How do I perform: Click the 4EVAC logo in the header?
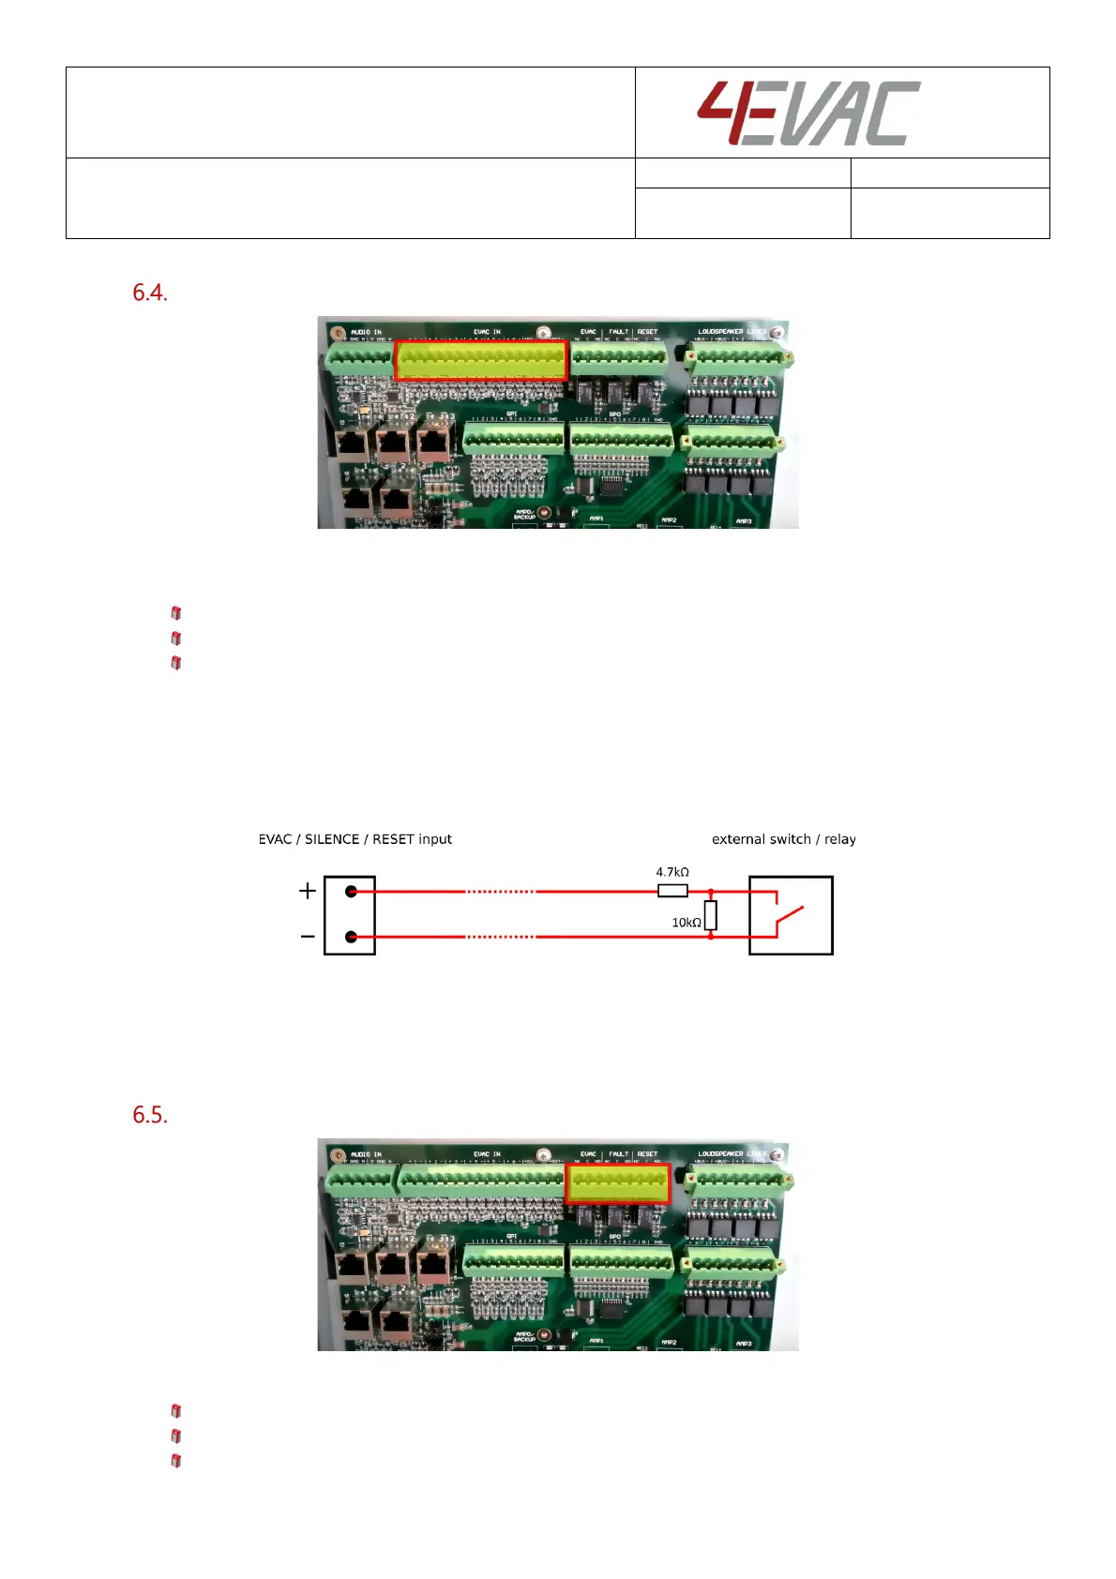tap(807, 113)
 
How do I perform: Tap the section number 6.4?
tap(150, 293)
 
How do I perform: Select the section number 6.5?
tap(150, 1115)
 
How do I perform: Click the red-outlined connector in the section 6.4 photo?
tap(481, 361)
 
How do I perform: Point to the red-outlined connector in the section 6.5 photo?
tap(618, 1184)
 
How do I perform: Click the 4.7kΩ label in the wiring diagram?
tap(672, 872)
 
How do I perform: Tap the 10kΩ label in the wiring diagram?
tap(686, 923)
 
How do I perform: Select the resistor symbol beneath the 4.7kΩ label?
tap(672, 891)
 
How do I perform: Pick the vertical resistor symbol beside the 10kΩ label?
tap(711, 915)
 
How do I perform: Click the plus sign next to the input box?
tap(308, 890)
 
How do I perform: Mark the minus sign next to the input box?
tap(308, 937)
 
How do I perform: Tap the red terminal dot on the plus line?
tap(352, 891)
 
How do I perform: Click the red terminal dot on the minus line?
tap(352, 937)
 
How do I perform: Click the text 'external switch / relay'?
tap(783, 839)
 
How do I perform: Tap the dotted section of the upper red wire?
tap(500, 892)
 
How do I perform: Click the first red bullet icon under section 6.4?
tap(176, 613)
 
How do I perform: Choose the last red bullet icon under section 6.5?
tap(176, 1461)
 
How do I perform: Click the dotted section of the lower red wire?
tap(500, 937)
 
